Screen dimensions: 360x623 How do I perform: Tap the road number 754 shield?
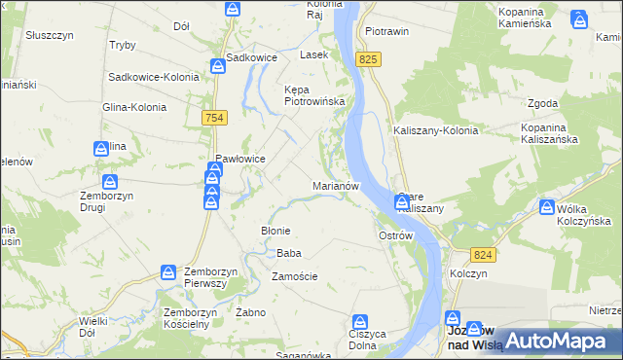[216, 117]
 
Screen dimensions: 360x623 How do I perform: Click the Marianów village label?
[337, 185]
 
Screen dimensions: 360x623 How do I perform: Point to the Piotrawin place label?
[386, 31]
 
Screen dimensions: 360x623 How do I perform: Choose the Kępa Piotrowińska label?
[309, 95]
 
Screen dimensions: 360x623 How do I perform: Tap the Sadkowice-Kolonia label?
[154, 76]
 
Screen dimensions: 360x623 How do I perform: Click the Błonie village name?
[275, 231]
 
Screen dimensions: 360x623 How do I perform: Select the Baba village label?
[288, 253]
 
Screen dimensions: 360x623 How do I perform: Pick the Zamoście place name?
[294, 276]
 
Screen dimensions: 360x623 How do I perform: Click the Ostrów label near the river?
[396, 236]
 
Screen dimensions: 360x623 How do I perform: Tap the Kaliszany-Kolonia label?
[435, 130]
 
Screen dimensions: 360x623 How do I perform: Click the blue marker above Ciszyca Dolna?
[360, 321]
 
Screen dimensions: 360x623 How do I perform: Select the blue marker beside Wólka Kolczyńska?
[547, 207]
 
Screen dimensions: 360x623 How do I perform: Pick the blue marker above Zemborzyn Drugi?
[110, 182]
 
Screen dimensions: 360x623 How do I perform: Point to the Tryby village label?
[123, 46]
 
